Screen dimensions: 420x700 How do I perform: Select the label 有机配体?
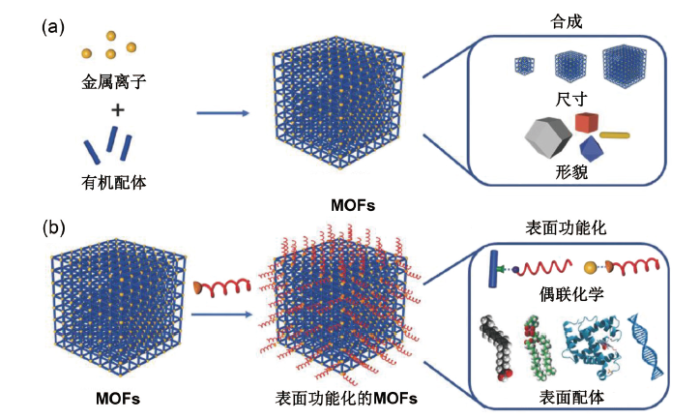coord(114,181)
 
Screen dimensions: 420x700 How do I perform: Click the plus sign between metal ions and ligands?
coord(117,111)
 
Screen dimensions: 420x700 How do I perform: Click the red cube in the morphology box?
coord(585,123)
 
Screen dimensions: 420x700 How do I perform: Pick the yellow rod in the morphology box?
coord(617,135)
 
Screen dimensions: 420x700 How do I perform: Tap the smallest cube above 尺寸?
coord(525,66)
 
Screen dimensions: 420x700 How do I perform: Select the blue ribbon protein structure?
coord(583,345)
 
